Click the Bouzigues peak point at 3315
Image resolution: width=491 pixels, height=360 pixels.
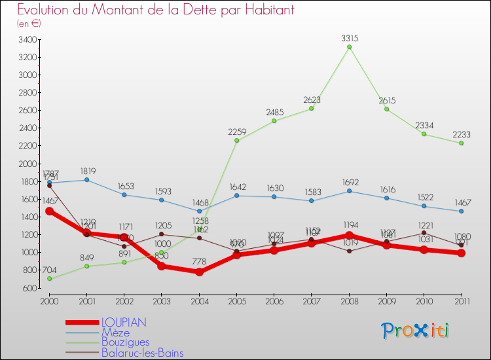coord(349,47)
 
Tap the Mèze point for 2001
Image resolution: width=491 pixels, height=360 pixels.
coord(86,180)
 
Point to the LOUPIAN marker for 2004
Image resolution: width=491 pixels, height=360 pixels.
coord(199,272)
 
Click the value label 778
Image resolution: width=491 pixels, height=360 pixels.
coord(199,262)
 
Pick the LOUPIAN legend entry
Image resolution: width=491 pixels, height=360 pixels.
coord(123,322)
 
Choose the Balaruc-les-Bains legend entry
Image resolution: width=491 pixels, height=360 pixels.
coord(142,353)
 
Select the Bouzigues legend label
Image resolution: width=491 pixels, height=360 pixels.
coord(125,342)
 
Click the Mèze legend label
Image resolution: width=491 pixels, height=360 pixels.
coord(115,333)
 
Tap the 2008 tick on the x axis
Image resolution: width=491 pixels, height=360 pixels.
coord(349,301)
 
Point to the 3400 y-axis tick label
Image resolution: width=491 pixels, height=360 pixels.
coord(27,39)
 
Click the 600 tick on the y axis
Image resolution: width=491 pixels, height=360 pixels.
coord(29,288)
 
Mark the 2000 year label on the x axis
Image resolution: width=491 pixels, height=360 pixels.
coord(49,301)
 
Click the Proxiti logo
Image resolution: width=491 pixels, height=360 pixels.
coord(416,331)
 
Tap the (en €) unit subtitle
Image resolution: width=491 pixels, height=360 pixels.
coord(29,24)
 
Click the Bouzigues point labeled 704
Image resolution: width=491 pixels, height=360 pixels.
coord(49,279)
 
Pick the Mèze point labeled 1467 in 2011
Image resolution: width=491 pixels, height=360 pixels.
coord(462,211)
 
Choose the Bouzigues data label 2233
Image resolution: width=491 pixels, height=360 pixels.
coord(462,134)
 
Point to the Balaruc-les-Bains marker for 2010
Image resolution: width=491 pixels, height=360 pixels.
coord(424,232)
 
